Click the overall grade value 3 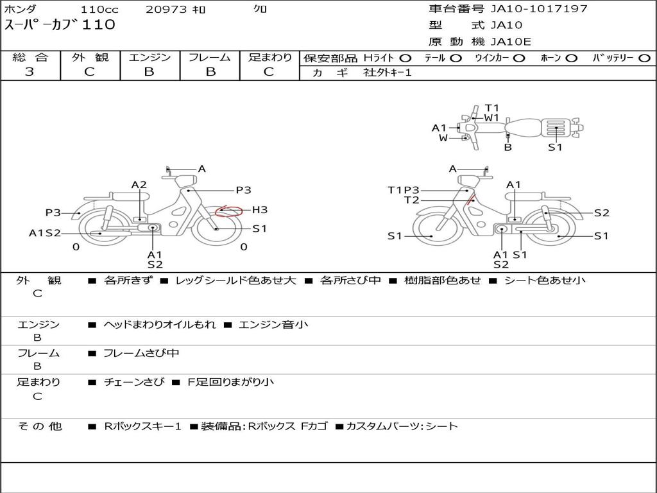point(30,72)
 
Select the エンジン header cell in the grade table point(149,57)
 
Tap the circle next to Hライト point(405,58)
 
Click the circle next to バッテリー point(644,58)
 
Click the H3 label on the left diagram point(259,210)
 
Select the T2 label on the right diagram point(411,200)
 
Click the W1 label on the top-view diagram point(491,118)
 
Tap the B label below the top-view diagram point(508,147)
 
